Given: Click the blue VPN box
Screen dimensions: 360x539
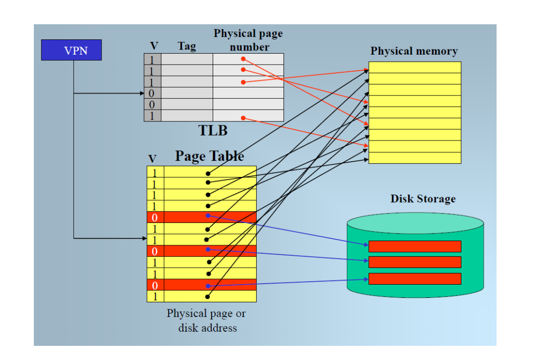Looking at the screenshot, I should (71, 50).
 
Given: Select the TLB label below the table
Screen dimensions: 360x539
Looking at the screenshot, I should (213, 130).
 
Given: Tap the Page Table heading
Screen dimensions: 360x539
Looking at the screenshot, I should (209, 156).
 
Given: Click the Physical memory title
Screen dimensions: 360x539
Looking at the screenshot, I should (414, 51).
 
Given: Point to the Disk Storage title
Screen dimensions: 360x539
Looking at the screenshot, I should (423, 199).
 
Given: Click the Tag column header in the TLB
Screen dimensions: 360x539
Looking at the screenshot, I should (186, 47).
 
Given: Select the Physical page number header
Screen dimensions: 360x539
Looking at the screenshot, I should (248, 40).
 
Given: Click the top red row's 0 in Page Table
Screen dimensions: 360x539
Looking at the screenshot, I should (155, 217).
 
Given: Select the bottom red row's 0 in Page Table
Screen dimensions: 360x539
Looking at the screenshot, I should (155, 285).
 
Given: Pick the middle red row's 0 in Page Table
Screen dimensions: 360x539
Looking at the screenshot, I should (155, 251).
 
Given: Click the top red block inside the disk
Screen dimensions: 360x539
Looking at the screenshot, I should (415, 246).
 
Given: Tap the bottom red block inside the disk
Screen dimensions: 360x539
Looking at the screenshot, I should (415, 279).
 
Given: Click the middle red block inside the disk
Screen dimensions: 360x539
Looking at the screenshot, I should (415, 262).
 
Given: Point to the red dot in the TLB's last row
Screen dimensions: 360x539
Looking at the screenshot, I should (243, 118).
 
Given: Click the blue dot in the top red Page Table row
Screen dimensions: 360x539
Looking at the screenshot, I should (208, 215).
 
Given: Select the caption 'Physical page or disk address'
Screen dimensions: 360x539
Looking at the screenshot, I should (207, 321).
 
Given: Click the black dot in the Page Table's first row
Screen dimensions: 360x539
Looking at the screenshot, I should (208, 173).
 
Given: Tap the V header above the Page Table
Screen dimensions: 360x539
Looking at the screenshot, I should (152, 159).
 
